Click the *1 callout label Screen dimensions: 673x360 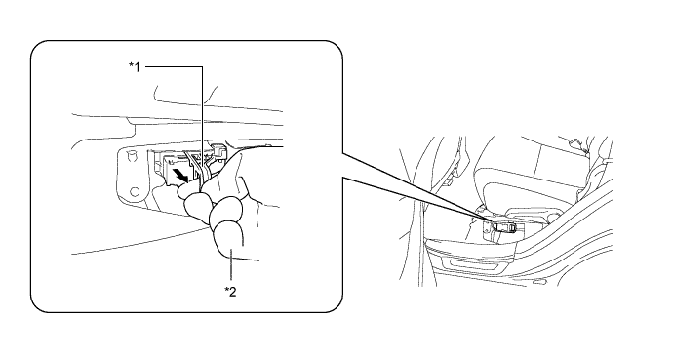tap(135, 67)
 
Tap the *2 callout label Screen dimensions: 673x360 tap(230, 292)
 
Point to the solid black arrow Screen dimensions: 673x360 tap(179, 175)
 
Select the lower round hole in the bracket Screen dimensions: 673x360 tap(135, 192)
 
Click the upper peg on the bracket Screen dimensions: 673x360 tap(132, 153)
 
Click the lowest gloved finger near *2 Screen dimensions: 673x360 tap(227, 240)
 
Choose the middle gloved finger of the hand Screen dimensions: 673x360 tap(225, 211)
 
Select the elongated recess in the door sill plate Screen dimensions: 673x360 tap(473, 263)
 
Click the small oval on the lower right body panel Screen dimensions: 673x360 tap(538, 282)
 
